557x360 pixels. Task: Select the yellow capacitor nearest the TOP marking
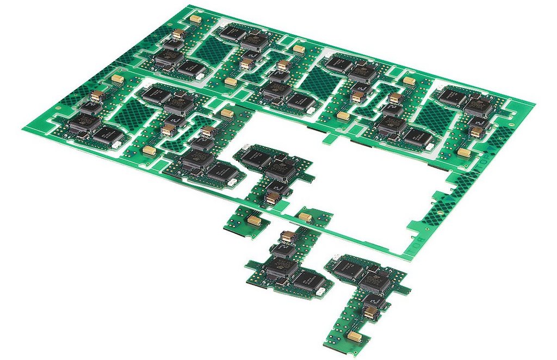pos(464,152)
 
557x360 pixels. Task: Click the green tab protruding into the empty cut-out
pos(328,139)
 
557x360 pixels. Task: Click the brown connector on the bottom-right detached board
pos(370,312)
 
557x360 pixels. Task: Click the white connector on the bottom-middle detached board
pos(321,291)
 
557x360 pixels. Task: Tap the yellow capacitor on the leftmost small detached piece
pos(255,220)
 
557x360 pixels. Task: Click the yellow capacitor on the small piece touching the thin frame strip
pos(305,217)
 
